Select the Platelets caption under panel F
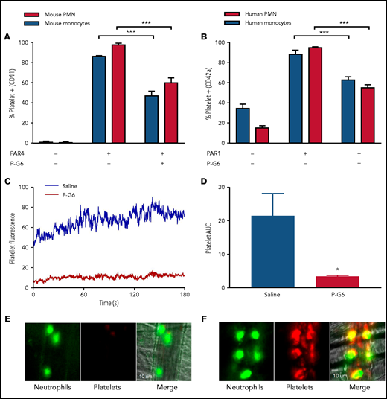tap(290, 389)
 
